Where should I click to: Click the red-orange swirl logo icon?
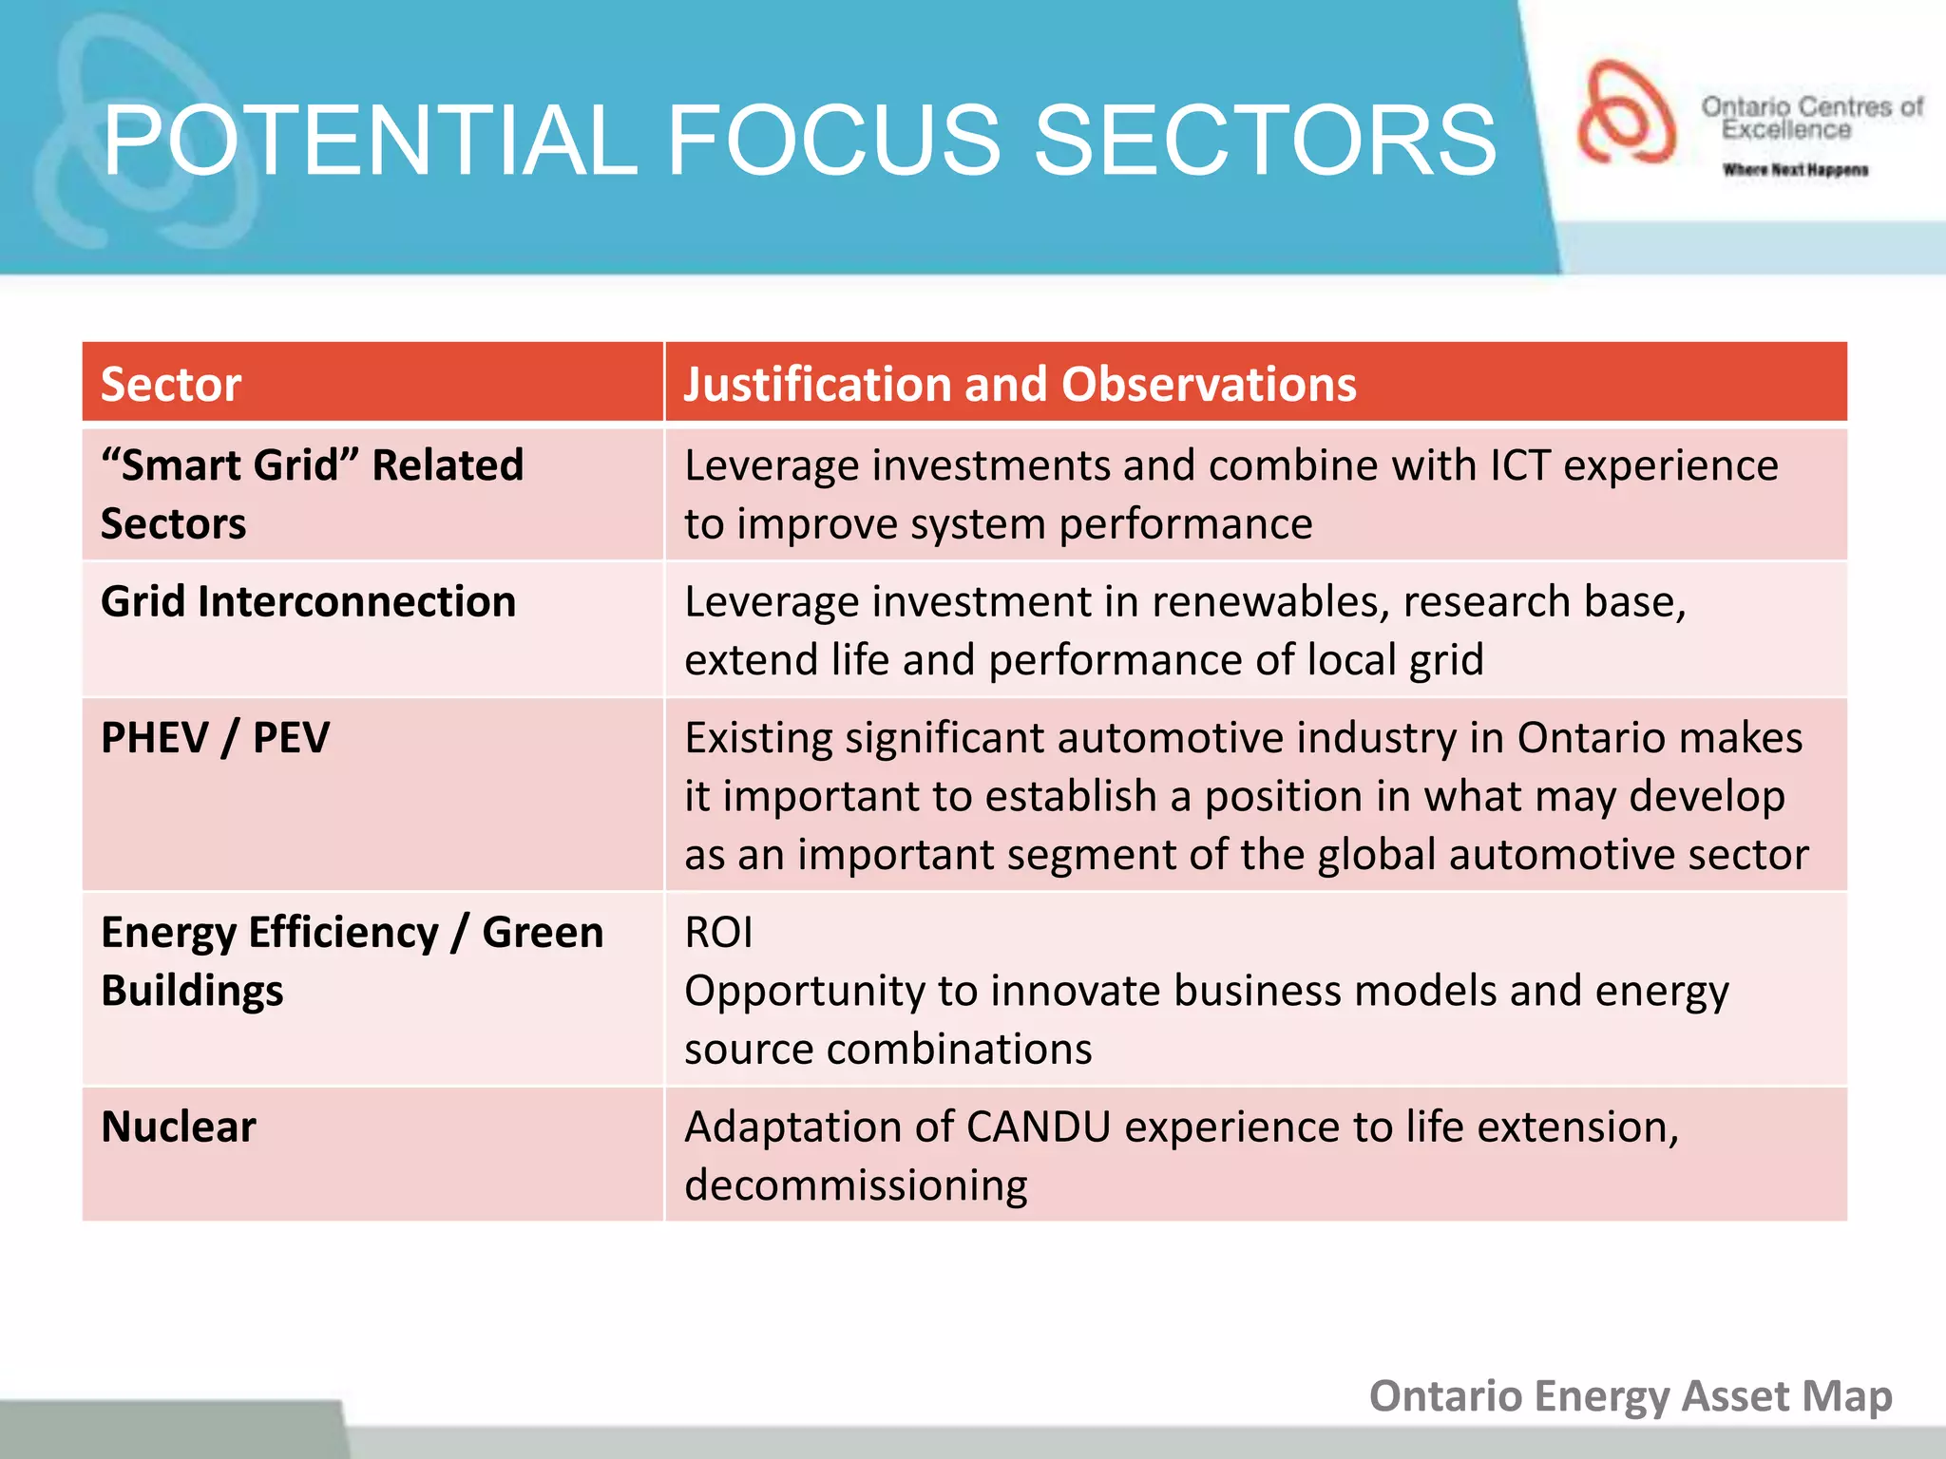(x=1625, y=112)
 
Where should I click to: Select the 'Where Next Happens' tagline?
(x=1795, y=170)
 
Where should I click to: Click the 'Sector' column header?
(x=171, y=385)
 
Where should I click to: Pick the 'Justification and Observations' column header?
(x=1020, y=385)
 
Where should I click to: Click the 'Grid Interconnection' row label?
(x=308, y=602)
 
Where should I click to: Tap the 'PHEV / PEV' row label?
(x=215, y=738)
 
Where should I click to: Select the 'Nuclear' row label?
(x=179, y=1127)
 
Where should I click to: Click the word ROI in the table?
(x=718, y=933)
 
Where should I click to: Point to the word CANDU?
(x=1038, y=1127)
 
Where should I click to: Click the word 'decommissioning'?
(x=855, y=1185)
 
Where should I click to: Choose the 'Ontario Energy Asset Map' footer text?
(x=1631, y=1396)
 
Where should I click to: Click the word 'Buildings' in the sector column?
(x=192, y=991)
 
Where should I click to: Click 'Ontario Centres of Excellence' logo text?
(x=1811, y=118)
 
